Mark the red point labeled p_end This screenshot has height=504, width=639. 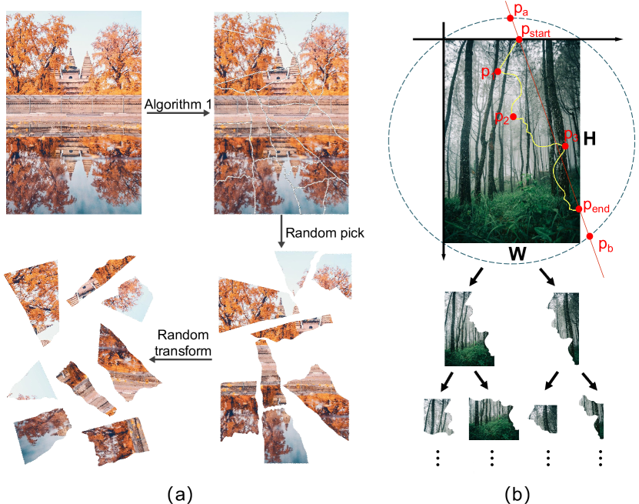(578, 209)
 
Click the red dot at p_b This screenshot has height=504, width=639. (590, 236)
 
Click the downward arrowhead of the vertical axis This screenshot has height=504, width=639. (444, 259)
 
